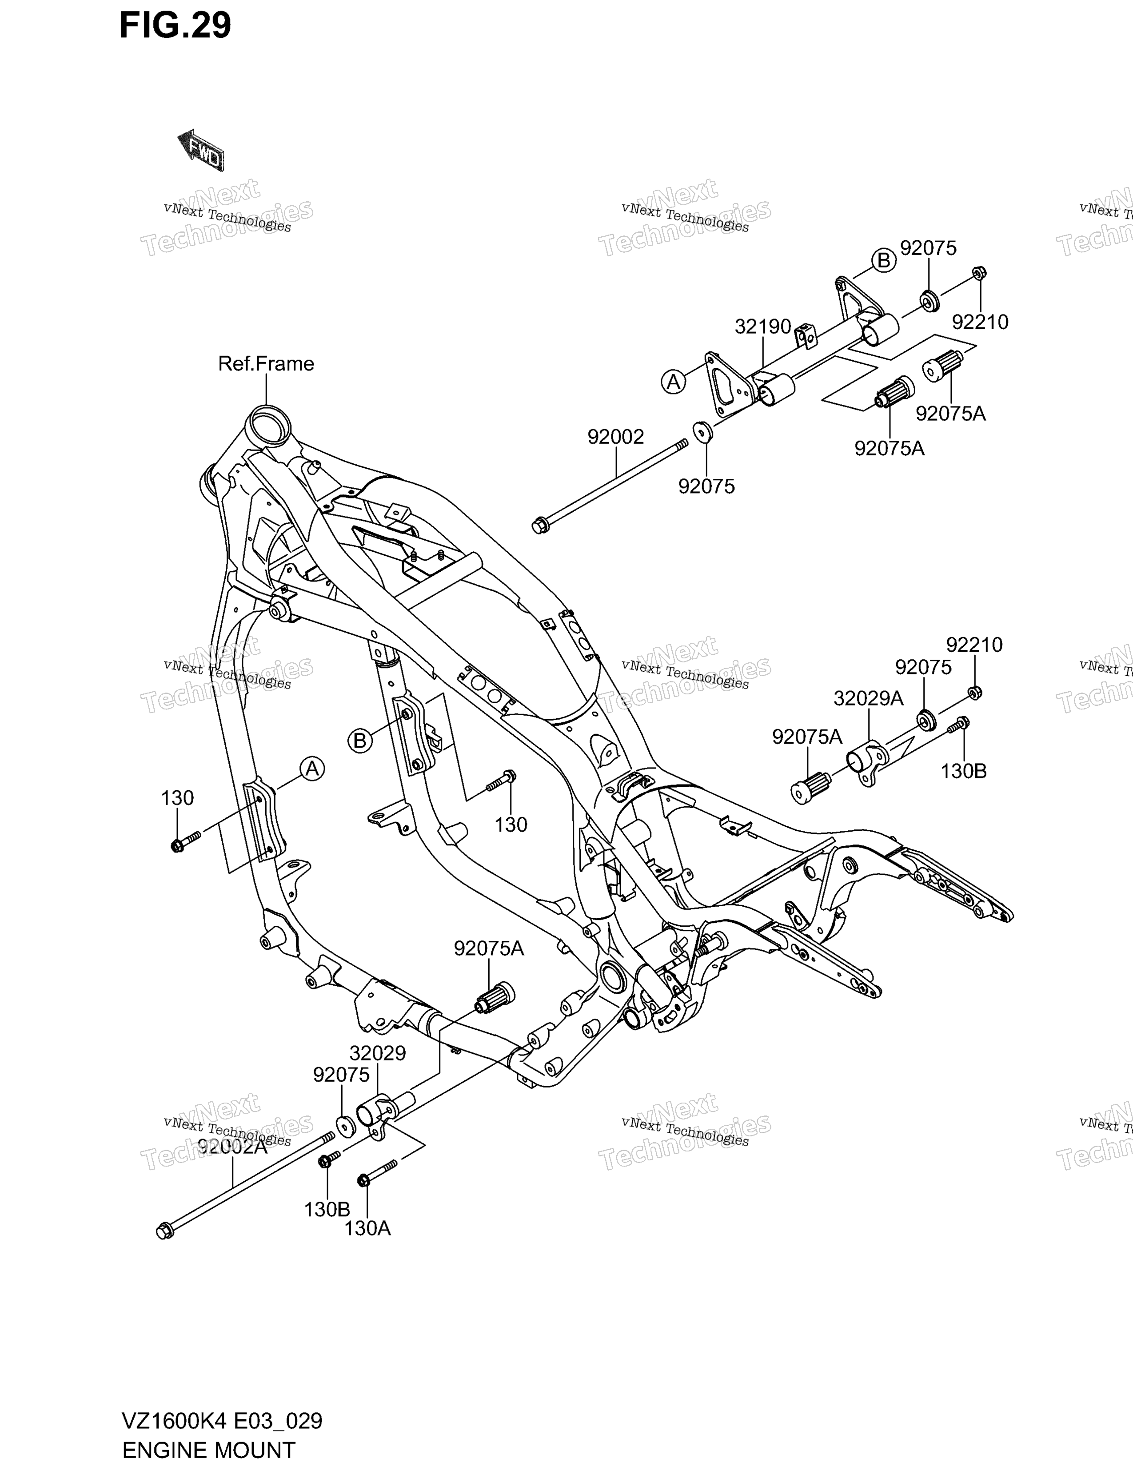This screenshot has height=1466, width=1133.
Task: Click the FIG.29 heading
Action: (x=175, y=25)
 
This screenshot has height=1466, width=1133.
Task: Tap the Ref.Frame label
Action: (x=266, y=364)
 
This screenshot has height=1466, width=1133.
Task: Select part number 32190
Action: (x=763, y=327)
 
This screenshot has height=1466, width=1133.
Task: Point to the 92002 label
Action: (x=615, y=437)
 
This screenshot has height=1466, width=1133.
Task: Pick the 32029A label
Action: (x=869, y=699)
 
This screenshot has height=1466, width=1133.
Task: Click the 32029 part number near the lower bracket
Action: (x=377, y=1054)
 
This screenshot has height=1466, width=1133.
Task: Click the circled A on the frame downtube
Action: (x=312, y=769)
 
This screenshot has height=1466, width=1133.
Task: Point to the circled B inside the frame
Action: (x=360, y=741)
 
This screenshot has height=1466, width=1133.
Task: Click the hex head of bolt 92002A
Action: (x=164, y=1232)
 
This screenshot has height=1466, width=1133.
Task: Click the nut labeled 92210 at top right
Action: (x=979, y=273)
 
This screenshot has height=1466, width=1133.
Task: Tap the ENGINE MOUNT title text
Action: (x=209, y=1450)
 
